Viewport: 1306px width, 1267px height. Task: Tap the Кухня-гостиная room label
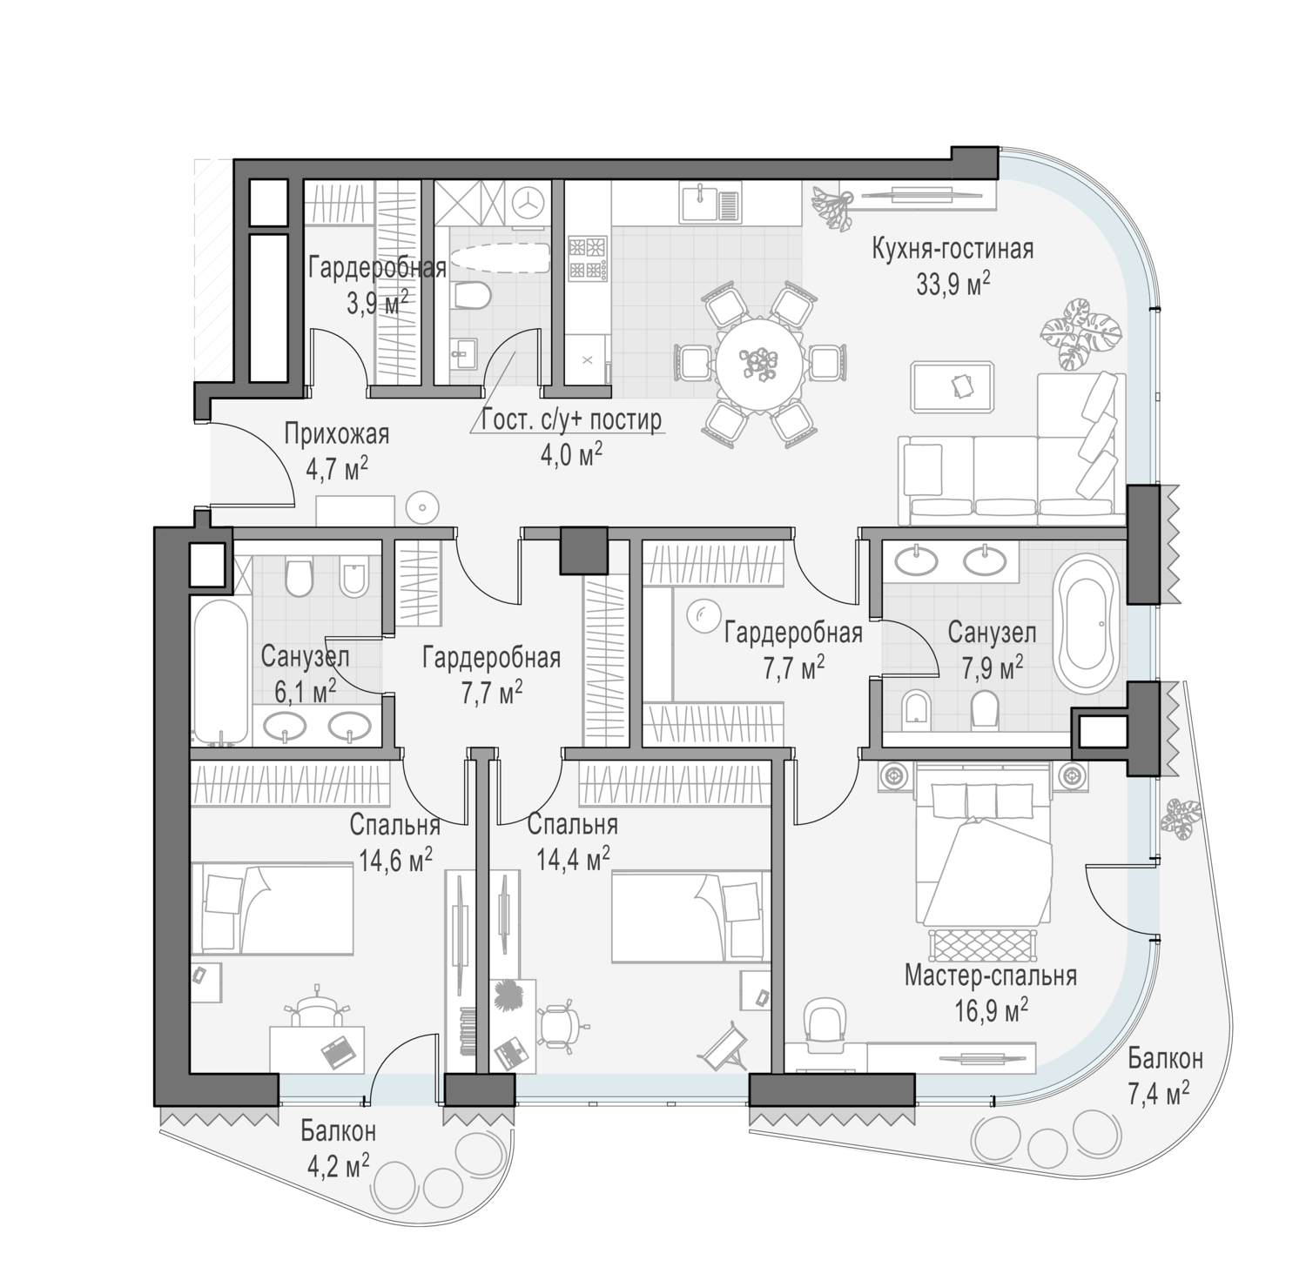pos(953,250)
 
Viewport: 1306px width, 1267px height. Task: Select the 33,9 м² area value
pos(953,284)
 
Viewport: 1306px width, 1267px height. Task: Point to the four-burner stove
pos(587,258)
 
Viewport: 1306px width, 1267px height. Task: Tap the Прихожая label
pos(336,433)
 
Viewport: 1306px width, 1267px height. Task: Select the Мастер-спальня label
pos(991,975)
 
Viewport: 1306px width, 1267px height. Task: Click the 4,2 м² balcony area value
pos(339,1164)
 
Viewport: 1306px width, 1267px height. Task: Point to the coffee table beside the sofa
pos(954,385)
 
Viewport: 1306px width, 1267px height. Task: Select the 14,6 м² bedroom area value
pos(396,860)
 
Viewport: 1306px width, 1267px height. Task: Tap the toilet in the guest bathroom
pos(473,294)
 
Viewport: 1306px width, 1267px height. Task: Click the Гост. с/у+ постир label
pos(571,419)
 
